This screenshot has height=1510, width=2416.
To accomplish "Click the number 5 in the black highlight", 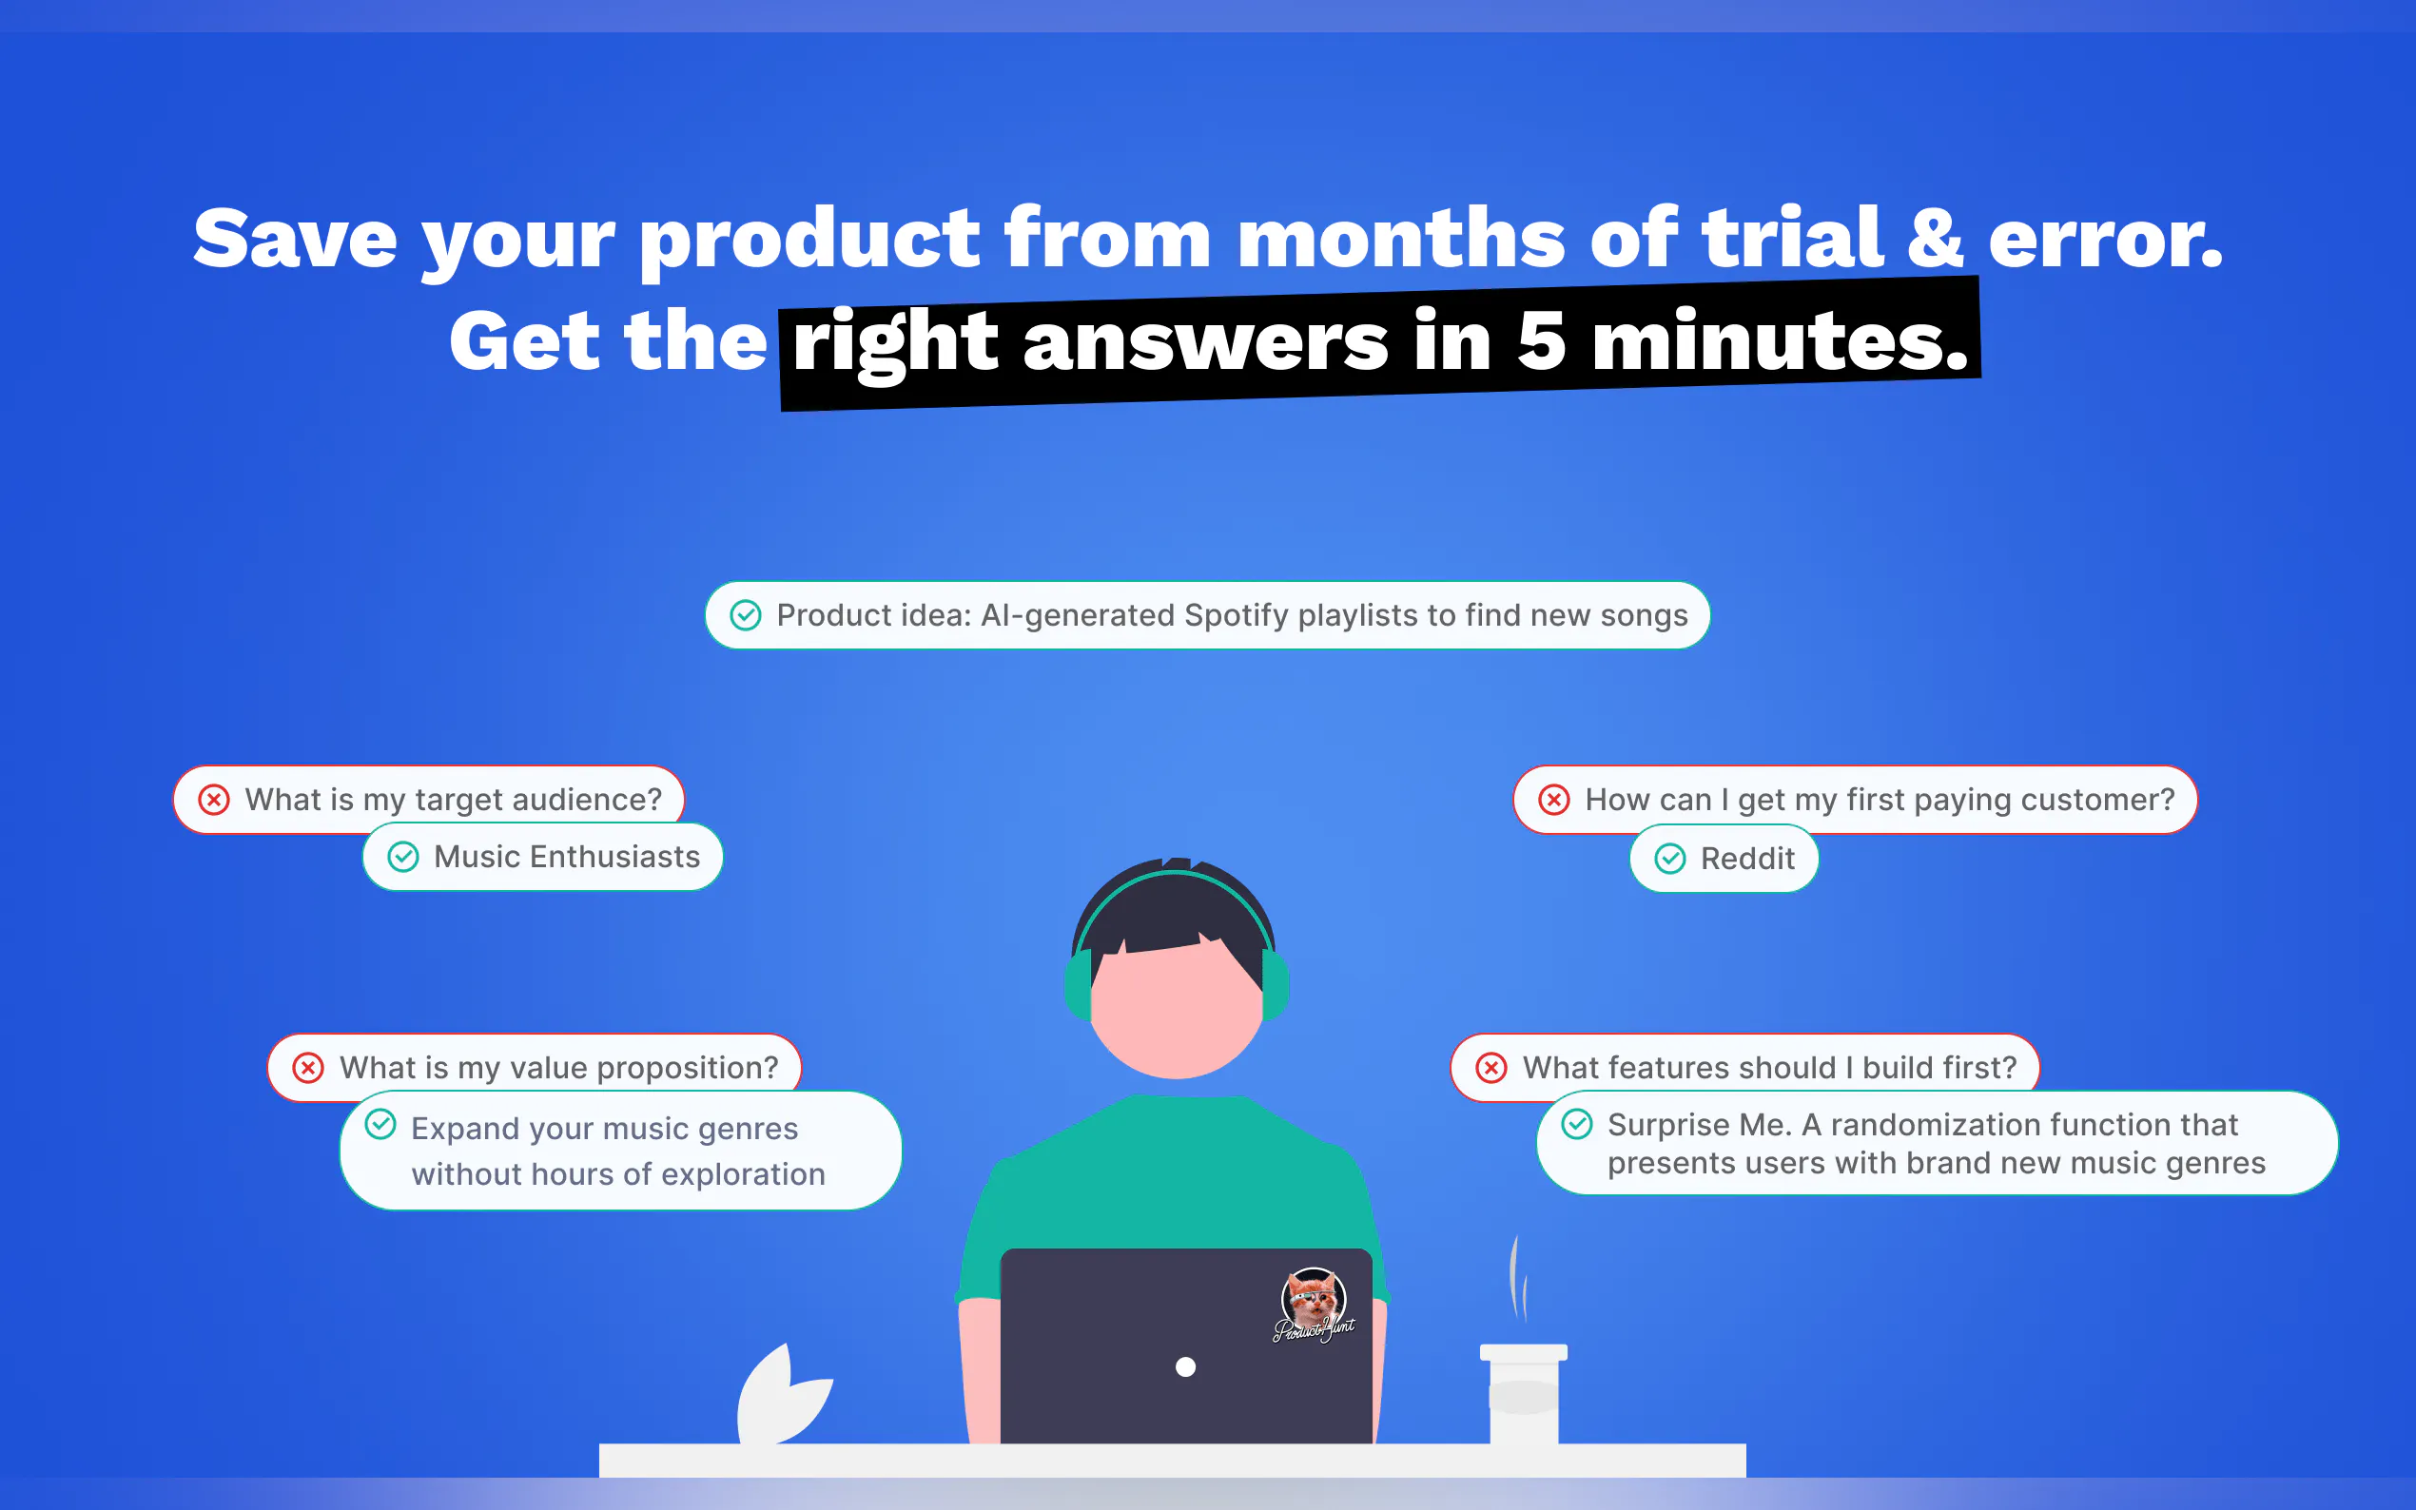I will [1541, 340].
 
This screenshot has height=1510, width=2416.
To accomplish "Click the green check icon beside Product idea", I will [745, 615].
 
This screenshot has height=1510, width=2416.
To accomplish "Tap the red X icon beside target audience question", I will [214, 800].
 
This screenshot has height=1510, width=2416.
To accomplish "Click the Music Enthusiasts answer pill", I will [543, 857].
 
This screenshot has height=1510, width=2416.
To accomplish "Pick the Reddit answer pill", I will [1724, 858].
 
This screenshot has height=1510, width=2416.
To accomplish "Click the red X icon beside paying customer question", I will [1553, 800].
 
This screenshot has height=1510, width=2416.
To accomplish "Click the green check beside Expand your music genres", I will [380, 1125].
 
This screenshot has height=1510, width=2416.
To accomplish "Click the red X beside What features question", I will [1491, 1068].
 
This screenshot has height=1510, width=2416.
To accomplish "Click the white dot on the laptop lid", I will [1185, 1367].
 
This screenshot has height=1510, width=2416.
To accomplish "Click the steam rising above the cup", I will [1517, 1279].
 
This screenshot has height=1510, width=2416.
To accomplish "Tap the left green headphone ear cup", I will [1078, 985].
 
